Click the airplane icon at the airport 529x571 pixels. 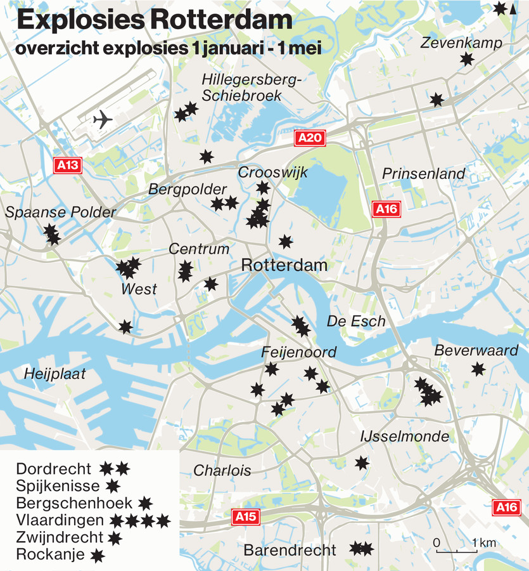[x=102, y=119]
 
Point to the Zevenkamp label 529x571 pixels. [x=461, y=43]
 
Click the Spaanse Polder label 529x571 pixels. [x=61, y=212]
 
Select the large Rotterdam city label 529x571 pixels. [x=284, y=265]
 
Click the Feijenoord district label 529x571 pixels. [x=298, y=352]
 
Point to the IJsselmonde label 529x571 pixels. [x=404, y=436]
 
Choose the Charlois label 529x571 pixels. [x=222, y=471]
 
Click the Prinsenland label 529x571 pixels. [x=423, y=174]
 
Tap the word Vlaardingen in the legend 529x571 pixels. [x=60, y=521]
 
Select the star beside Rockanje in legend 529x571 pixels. [x=97, y=556]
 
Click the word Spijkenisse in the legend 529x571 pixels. [x=58, y=487]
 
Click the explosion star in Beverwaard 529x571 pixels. [x=478, y=369]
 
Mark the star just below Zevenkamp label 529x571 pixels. [x=467, y=60]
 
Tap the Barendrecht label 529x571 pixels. [x=290, y=550]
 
